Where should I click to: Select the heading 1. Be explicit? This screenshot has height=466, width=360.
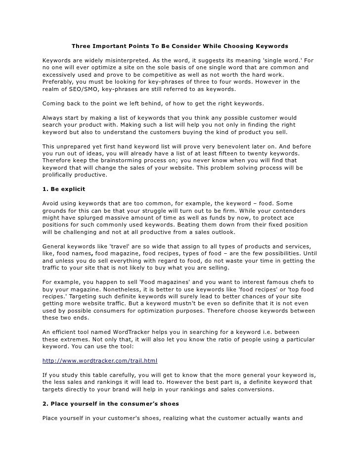pos(64,189)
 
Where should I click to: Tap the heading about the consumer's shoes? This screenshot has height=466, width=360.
pos(111,404)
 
